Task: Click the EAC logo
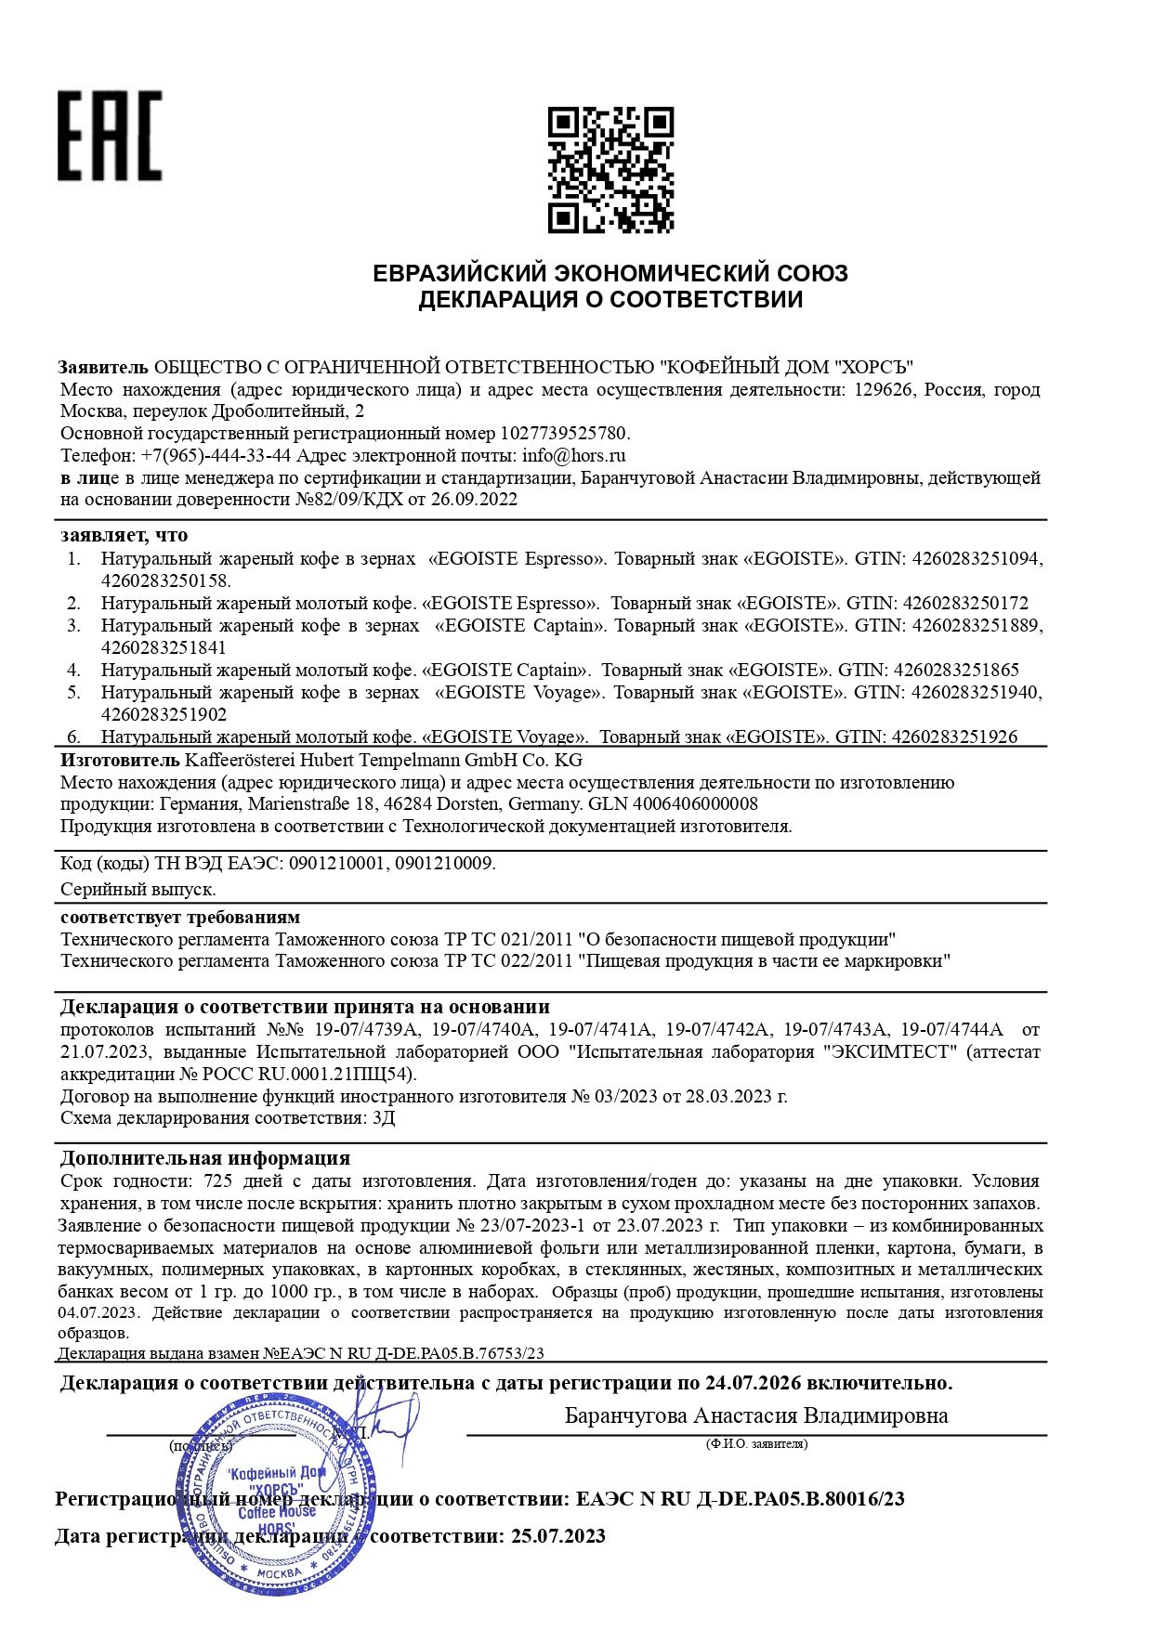(x=110, y=136)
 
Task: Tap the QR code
(x=610, y=170)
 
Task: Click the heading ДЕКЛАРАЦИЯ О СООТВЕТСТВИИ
(x=610, y=300)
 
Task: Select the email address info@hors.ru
(x=573, y=455)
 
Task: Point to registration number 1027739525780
(x=564, y=433)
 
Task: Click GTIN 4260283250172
(x=965, y=603)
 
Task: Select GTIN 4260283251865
(x=956, y=670)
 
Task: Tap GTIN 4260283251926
(x=954, y=737)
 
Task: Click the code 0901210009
(x=444, y=863)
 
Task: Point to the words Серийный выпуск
(x=138, y=889)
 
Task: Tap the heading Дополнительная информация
(x=205, y=1158)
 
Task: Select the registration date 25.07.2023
(x=557, y=1536)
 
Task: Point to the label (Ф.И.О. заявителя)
(x=756, y=1443)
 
